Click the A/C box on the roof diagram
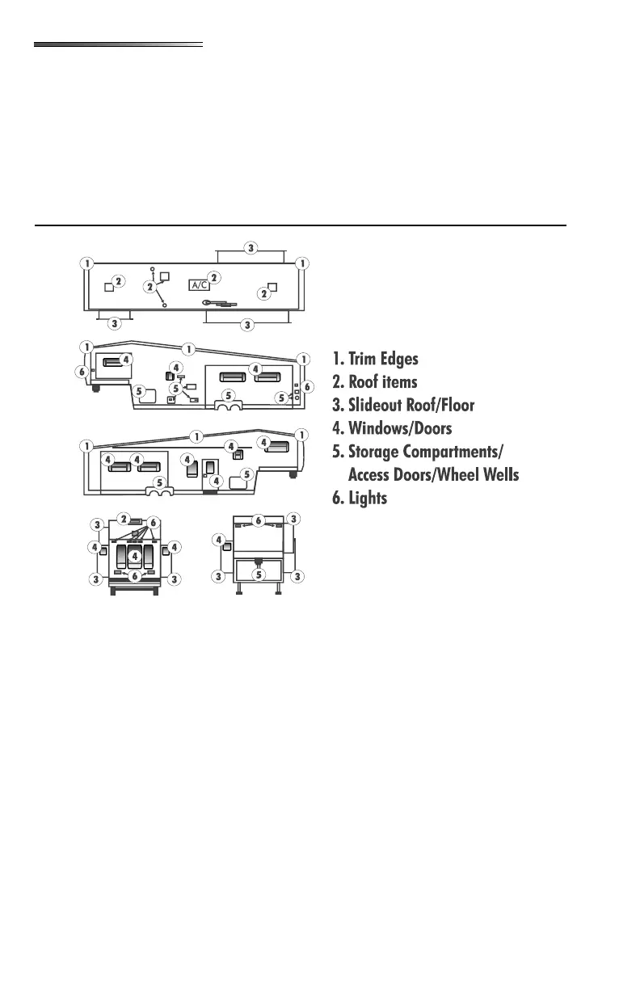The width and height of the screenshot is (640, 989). (x=200, y=284)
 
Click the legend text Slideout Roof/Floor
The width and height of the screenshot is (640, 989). (x=411, y=405)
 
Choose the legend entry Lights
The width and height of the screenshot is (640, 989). (x=367, y=499)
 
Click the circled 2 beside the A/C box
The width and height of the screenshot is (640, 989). (x=214, y=277)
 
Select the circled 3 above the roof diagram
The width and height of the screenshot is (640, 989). (x=251, y=248)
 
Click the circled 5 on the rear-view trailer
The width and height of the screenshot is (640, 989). (x=259, y=574)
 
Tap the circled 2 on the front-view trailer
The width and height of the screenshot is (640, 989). (x=123, y=518)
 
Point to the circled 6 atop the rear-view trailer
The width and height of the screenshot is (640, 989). (x=259, y=520)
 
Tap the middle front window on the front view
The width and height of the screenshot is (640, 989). (x=135, y=557)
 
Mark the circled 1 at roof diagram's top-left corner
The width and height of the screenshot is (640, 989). (x=86, y=263)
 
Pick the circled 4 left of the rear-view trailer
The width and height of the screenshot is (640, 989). (x=218, y=539)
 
